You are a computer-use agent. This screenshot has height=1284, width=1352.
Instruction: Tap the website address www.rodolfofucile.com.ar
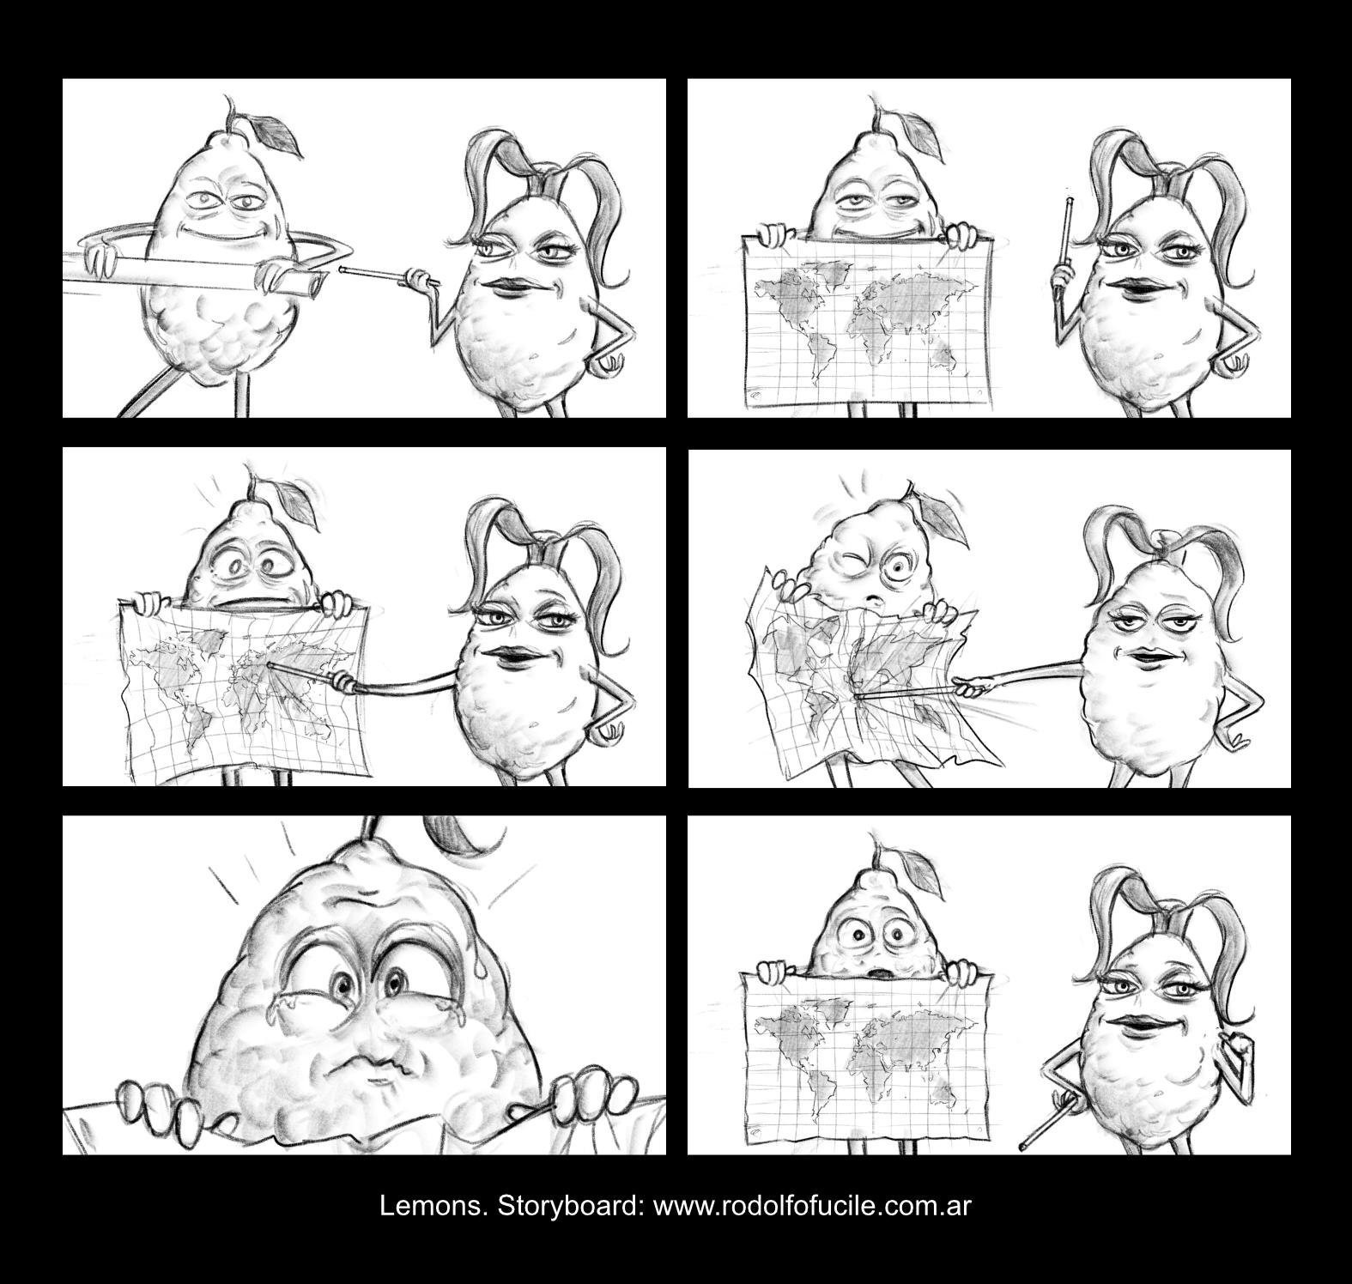click(x=812, y=1206)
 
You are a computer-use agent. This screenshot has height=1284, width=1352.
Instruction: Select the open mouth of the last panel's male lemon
click(x=876, y=974)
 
